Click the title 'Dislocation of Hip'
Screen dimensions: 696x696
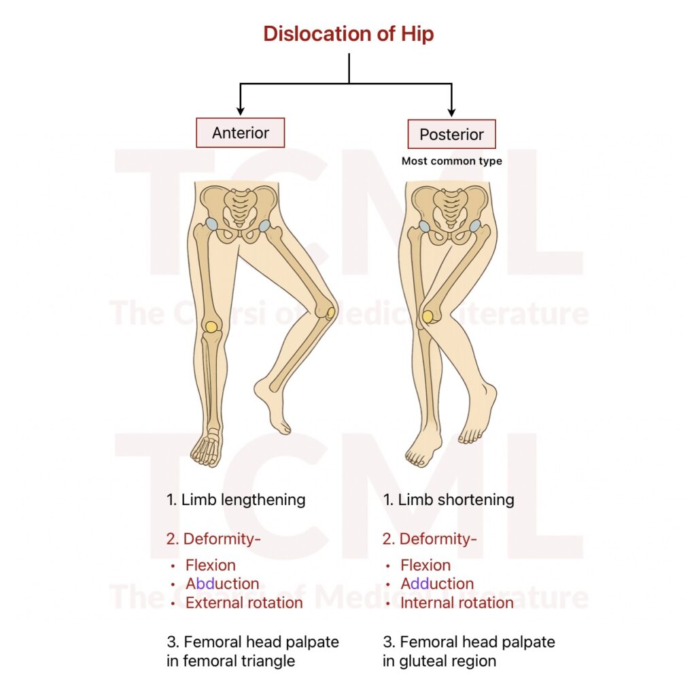pos(349,34)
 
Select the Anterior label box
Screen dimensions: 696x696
pos(240,133)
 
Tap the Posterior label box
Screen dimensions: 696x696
pos(451,134)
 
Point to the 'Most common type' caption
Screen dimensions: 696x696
pos(451,161)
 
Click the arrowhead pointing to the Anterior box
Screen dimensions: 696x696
pos(240,110)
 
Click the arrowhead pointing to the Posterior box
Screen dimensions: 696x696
pos(451,111)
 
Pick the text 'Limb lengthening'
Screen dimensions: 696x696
pos(243,500)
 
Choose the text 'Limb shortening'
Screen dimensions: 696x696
pos(456,500)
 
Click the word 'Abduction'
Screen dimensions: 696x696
pos(222,584)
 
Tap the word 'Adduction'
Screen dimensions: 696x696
pos(437,584)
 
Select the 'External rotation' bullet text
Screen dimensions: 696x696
pos(244,603)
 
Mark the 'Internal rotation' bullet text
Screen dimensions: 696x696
pos(457,603)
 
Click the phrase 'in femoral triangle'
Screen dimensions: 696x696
pos(231,661)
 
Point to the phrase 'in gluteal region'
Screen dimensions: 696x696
pos(440,661)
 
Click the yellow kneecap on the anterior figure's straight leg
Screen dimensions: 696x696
pos(211,326)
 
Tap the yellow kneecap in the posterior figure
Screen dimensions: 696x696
pos(428,316)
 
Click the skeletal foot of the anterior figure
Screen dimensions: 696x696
pos(207,449)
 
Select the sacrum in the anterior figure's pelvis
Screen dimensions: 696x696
pos(240,205)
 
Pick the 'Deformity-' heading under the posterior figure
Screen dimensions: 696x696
pos(430,539)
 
